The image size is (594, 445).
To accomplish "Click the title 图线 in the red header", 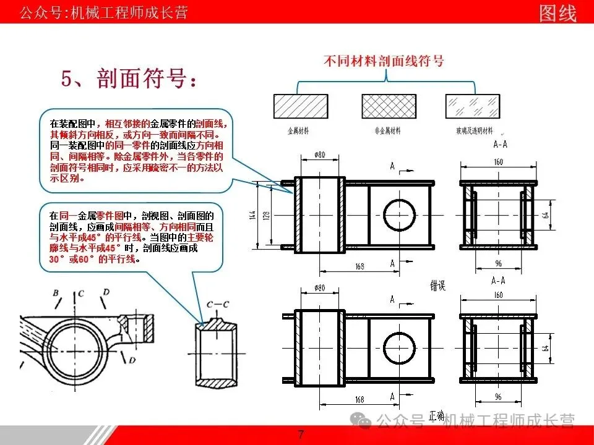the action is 557,12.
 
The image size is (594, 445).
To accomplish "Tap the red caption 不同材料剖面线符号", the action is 384,61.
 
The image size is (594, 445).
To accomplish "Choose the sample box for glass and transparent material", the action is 471,106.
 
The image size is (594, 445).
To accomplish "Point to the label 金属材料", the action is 299,131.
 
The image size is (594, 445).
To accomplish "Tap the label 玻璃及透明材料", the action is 473,131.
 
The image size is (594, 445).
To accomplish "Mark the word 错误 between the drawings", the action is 438,284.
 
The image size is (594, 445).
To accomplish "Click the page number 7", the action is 301,434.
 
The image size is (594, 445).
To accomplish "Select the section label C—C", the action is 217,304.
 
